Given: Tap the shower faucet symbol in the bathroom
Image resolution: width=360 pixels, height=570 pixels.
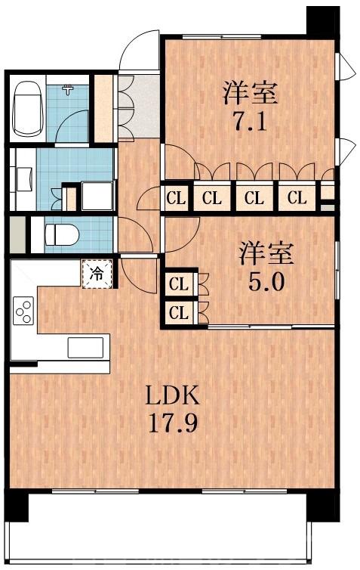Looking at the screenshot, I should coord(69,90).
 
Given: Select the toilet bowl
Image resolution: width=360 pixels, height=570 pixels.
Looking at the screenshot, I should coord(61,234).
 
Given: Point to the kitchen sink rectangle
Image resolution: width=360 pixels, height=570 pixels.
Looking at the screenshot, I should coord(85,347).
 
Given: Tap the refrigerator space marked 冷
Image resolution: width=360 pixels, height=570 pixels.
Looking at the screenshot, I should coord(97,273).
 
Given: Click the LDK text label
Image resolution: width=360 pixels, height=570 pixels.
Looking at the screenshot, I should coord(171,395).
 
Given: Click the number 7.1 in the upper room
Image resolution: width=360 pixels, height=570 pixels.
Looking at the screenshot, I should coord(250,121).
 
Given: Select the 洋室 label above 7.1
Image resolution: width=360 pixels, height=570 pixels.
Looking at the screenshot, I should coord(250,94).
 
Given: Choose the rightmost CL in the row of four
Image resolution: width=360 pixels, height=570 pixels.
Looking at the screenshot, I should coord(297,200).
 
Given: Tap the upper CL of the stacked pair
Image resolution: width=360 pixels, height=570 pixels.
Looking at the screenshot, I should coord(179,285).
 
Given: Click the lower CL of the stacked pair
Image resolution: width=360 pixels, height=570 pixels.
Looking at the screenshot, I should coord(179,312).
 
